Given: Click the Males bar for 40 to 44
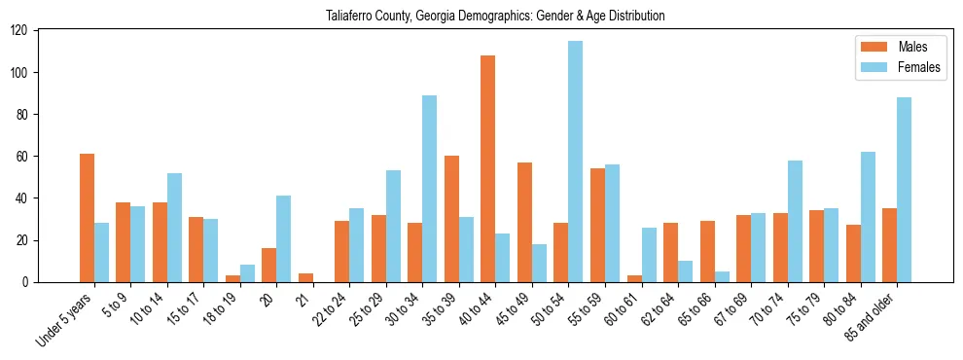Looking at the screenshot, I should pyautogui.click(x=488, y=168).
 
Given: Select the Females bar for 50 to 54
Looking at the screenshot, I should pyautogui.click(x=576, y=162).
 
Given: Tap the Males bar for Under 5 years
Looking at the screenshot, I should pyautogui.click(x=87, y=218).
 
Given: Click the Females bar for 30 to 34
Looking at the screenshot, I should pyautogui.click(x=430, y=189).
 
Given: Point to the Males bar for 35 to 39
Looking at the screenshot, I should pyautogui.click(x=451, y=219).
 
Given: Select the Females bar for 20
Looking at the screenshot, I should pyautogui.click(x=284, y=238).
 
